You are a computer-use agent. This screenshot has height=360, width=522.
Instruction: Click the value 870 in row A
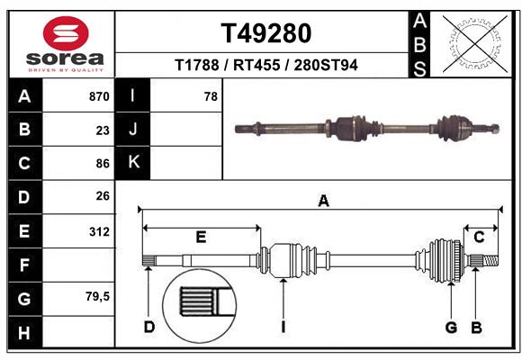point(99,96)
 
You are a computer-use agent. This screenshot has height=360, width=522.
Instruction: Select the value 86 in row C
point(103,163)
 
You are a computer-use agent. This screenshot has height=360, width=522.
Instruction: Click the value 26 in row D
point(103,196)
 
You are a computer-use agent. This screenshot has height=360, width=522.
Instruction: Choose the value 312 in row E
point(99,230)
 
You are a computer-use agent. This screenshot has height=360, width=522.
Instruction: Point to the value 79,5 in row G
point(98,296)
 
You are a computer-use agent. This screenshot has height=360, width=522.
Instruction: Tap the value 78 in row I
point(211,96)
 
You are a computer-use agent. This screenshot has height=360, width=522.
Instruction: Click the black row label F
point(24,265)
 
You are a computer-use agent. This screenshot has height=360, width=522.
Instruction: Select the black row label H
point(24,332)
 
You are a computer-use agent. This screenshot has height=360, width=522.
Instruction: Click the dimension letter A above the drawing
point(323,202)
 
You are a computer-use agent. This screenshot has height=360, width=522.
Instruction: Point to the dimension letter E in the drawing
point(201,237)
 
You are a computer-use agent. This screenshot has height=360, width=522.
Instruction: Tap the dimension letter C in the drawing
point(480,237)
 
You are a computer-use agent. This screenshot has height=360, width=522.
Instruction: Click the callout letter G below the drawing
point(452,327)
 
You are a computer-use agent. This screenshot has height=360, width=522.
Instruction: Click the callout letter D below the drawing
point(149,327)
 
